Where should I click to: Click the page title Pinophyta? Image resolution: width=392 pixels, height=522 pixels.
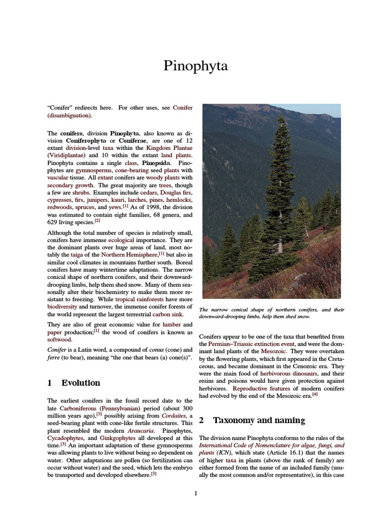pyautogui.click(x=196, y=66)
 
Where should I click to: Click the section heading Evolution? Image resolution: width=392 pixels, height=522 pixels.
pyautogui.click(x=81, y=383)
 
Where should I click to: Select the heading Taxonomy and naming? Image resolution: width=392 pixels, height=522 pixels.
pyautogui.click(x=259, y=421)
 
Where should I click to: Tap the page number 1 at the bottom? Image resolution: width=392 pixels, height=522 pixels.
pyautogui.click(x=196, y=493)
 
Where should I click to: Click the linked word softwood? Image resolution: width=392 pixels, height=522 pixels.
pyautogui.click(x=60, y=340)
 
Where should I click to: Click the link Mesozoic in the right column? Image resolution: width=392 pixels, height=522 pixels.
pyautogui.click(x=274, y=352)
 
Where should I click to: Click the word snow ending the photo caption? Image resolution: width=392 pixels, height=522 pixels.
pyautogui.click(x=302, y=316)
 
